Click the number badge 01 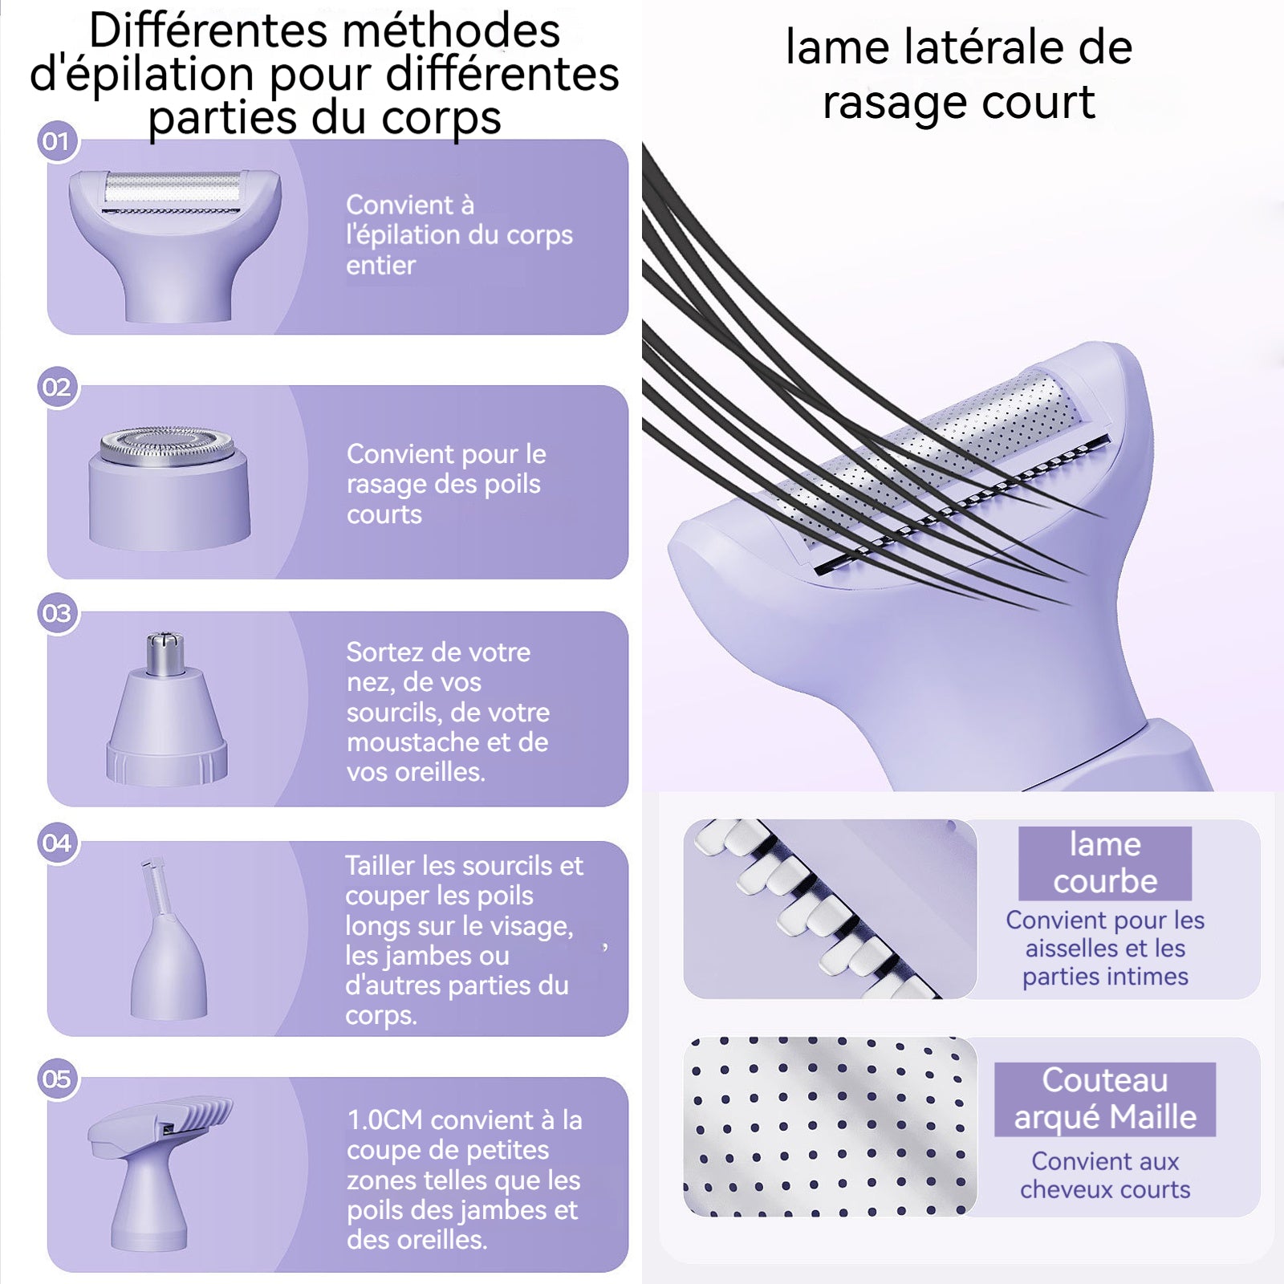(56, 142)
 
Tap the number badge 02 (56, 388)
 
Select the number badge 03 (56, 614)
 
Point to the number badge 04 (56, 843)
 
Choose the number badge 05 (56, 1079)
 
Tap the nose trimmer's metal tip (166, 653)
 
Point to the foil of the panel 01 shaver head (173, 191)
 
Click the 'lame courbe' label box (1105, 863)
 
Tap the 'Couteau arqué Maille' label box (1105, 1099)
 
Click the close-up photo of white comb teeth (830, 909)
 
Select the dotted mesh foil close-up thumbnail (830, 1127)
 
